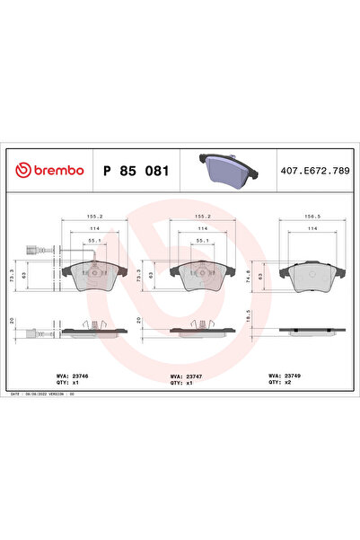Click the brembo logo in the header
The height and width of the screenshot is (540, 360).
click(x=50, y=171)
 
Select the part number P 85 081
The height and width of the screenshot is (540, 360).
click(x=134, y=171)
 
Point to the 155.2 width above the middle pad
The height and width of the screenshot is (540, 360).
click(x=203, y=217)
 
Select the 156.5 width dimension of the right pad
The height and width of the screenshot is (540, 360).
click(x=311, y=217)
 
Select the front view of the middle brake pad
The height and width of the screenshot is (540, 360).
click(x=203, y=279)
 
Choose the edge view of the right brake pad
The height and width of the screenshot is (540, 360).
click(x=311, y=331)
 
